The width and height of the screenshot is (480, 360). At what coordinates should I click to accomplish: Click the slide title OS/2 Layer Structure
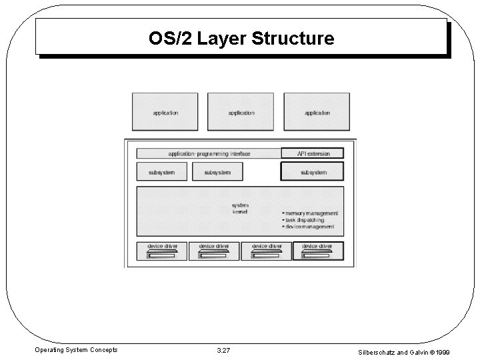click(241, 39)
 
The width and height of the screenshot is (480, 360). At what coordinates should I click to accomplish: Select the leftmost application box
click(165, 111)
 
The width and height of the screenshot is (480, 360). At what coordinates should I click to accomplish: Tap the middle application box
click(241, 111)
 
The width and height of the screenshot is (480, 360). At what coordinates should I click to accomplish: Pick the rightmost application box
click(317, 111)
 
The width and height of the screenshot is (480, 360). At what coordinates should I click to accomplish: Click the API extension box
click(313, 153)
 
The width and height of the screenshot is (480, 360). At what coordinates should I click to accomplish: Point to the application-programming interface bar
click(209, 153)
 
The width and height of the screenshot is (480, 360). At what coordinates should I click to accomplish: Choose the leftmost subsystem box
click(161, 171)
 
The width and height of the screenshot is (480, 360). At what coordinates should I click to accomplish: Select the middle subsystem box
click(217, 171)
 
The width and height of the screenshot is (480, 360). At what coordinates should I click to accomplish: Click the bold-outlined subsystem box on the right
click(313, 171)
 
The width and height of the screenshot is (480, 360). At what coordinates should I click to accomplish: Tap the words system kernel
click(240, 209)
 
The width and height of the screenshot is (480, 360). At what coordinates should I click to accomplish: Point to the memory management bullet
click(311, 213)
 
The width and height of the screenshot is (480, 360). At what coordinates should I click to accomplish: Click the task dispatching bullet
click(305, 220)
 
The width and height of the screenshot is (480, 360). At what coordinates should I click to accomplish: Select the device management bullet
click(310, 227)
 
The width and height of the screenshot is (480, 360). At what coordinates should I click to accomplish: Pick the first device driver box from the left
click(162, 251)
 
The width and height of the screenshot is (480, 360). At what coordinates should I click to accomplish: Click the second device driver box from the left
click(214, 251)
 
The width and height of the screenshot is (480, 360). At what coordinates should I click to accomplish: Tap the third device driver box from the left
click(266, 251)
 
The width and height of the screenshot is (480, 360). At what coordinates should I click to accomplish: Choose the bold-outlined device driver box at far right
click(318, 251)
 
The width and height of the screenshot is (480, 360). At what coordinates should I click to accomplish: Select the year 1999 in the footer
click(460, 349)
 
